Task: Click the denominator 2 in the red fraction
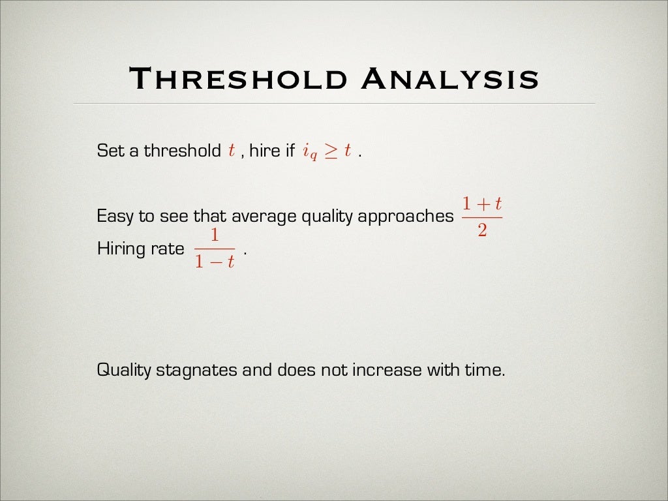point(482,232)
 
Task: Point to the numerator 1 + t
point(482,204)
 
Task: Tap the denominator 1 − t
point(215,264)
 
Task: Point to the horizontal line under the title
point(334,104)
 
